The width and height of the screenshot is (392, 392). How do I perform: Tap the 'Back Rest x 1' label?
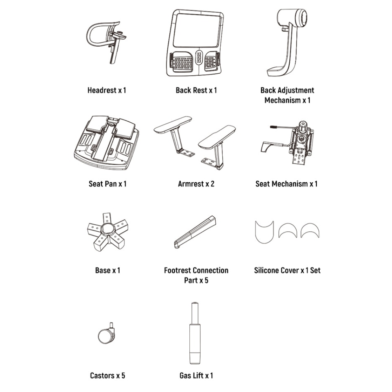tap(196, 90)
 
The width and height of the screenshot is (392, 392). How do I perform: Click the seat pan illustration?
tap(107, 143)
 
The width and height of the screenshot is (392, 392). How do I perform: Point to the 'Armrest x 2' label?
tap(196, 184)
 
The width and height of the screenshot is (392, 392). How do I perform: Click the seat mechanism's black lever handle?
tap(274, 127)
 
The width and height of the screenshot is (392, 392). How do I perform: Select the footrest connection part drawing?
tap(195, 232)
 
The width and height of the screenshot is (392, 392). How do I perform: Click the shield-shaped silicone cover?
tap(264, 232)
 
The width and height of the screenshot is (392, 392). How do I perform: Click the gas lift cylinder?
tap(195, 333)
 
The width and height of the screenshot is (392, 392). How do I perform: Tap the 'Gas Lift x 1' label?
tap(196, 376)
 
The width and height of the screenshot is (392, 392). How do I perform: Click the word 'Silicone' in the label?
tap(265, 270)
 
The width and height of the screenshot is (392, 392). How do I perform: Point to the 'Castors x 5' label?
tap(107, 376)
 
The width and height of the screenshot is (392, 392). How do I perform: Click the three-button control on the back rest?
tap(199, 57)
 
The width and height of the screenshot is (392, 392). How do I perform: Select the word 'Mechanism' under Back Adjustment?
tap(283, 100)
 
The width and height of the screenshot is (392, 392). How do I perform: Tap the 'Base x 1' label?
tap(107, 270)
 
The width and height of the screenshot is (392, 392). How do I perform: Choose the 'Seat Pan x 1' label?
tap(107, 184)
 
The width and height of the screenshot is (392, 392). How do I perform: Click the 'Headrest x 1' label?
tap(107, 90)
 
